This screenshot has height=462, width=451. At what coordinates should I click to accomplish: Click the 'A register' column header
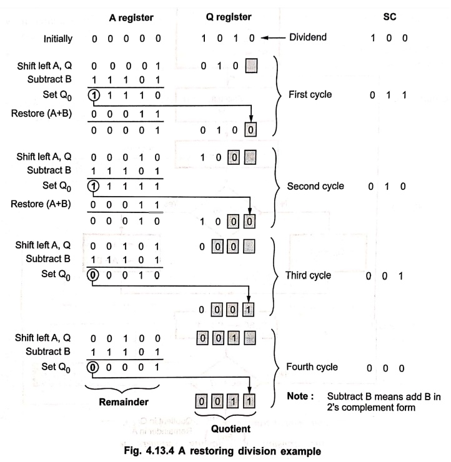coord(131,17)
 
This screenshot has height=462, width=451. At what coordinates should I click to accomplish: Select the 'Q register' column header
coord(229,17)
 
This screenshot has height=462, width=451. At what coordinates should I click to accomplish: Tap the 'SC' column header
coord(389,16)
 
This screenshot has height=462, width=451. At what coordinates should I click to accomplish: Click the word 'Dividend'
coord(308,37)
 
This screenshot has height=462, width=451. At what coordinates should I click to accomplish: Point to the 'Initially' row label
coord(57,39)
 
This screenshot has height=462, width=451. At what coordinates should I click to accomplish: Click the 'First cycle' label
coord(310,94)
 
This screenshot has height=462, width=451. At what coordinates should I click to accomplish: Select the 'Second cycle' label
coord(315,186)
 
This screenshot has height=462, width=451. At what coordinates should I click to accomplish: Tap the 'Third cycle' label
coord(309,275)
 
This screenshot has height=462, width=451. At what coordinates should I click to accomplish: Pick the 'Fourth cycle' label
coord(312,367)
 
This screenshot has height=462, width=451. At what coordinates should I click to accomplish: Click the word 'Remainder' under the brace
coord(124,401)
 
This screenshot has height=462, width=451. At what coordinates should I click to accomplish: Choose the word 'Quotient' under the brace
coord(230,429)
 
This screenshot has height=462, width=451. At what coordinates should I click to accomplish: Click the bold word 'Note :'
coord(300,396)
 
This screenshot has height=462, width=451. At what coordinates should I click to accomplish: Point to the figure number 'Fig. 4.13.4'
coord(149,451)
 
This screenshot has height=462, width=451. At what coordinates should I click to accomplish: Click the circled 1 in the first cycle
coord(94,95)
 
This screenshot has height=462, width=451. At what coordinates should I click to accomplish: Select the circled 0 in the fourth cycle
coord(92,367)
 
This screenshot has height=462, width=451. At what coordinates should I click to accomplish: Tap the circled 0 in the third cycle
coord(92,275)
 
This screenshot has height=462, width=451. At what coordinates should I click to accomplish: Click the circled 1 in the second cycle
coord(93,186)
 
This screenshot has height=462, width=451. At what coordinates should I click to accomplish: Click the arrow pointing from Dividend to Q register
coord(273,37)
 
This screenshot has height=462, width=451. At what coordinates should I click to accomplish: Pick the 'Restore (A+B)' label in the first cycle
coord(42,114)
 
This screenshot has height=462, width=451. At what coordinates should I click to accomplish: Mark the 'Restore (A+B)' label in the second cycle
coord(41,204)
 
